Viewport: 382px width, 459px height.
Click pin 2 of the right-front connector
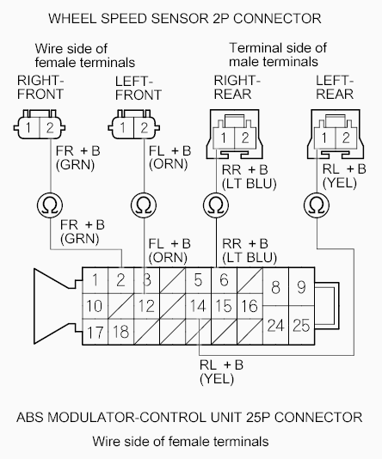50,127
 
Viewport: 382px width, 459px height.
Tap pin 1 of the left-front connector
122,127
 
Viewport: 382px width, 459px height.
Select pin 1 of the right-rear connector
224,138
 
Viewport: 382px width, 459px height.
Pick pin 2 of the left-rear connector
346,138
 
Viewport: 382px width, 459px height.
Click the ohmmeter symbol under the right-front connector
50,205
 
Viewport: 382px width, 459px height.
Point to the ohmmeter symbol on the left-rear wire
317,205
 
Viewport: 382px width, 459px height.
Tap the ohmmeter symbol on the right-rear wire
216,205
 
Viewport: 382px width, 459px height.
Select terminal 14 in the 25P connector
198,306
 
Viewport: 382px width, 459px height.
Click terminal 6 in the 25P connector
224,280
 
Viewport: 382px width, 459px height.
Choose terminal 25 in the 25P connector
301,325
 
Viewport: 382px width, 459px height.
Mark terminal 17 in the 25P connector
95,332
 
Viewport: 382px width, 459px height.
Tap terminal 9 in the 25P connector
301,287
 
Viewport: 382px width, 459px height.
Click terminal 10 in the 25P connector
95,306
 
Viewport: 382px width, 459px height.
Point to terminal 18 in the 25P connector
120,332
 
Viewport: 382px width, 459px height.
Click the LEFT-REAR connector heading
335,87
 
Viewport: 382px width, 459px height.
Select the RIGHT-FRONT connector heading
40,87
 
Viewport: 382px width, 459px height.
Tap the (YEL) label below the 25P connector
217,379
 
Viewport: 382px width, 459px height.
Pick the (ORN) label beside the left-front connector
169,164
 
